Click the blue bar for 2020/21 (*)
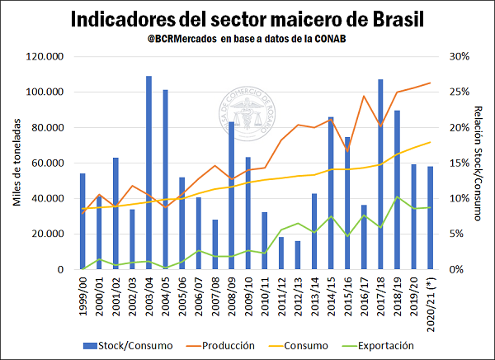[430, 218]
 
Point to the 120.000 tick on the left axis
[45, 57]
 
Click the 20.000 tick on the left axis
[48, 234]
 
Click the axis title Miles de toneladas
[16, 163]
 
